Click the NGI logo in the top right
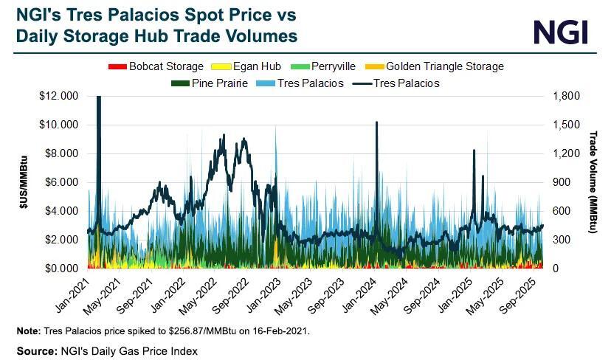point(561,32)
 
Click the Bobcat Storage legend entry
point(153,66)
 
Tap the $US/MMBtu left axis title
point(24,183)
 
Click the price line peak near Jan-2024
point(376,122)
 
